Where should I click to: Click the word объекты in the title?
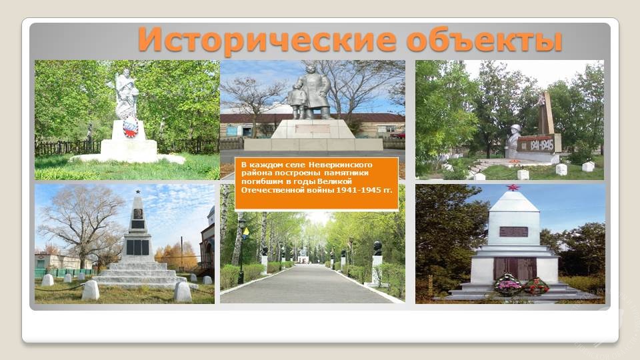pyautogui.click(x=485, y=40)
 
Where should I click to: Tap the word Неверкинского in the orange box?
pyautogui.click(x=340, y=165)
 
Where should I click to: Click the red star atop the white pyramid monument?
pyautogui.click(x=512, y=188)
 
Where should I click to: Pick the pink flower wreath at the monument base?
pyautogui.click(x=508, y=285)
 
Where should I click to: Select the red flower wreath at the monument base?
pyautogui.click(x=536, y=286)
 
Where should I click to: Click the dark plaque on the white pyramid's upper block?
pyautogui.click(x=513, y=232)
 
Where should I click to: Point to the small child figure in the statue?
pyautogui.click(x=296, y=103)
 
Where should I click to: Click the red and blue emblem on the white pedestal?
pyautogui.click(x=131, y=126)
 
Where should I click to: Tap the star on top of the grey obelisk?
pyautogui.click(x=138, y=191)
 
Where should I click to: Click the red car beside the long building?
pyautogui.click(x=398, y=135)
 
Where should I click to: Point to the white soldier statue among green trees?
pyautogui.click(x=126, y=95)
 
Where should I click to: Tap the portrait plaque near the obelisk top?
pyautogui.click(x=138, y=214)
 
